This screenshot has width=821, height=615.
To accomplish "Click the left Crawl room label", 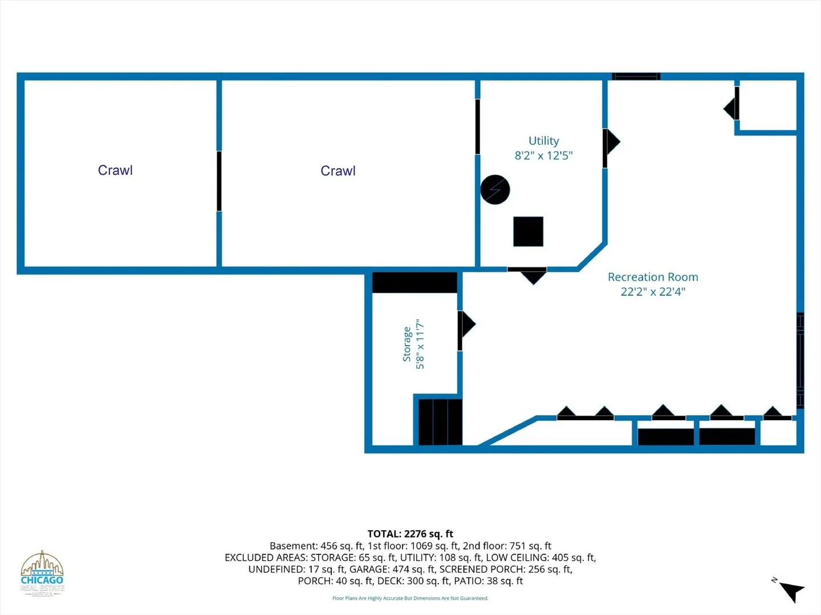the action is point(115,170).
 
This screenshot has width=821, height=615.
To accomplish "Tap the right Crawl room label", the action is point(338,171).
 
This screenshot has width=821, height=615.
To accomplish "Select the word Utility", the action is point(543,141).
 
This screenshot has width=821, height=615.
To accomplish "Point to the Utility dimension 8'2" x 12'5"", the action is point(543,155).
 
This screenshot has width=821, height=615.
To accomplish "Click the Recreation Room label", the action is point(653,277).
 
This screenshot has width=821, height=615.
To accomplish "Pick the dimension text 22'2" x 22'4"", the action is point(653,292).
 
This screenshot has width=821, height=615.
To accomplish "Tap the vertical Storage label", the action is point(407,344).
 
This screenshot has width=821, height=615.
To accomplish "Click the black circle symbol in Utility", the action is point(495,190).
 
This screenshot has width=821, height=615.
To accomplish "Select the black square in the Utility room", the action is point(528,232).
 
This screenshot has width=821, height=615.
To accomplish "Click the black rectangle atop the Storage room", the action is point(414,282).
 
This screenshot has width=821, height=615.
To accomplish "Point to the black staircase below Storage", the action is point(440,422).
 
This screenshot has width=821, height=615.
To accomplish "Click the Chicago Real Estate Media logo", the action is point(42,574).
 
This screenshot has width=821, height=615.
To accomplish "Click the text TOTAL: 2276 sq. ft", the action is point(410,534).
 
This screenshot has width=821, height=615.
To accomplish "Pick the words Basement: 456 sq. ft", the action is point(316,546).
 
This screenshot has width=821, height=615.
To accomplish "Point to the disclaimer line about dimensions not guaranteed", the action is point(410,598).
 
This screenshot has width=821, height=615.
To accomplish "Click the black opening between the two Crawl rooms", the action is point(219,181).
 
